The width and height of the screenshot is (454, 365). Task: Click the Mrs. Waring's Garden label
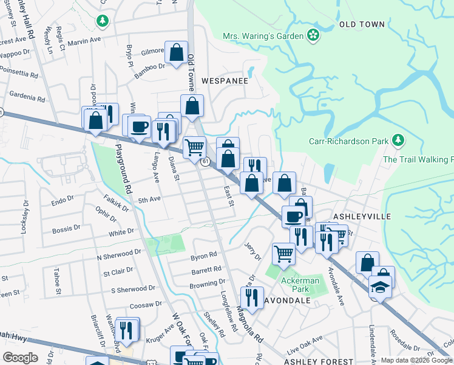[x=263, y=36]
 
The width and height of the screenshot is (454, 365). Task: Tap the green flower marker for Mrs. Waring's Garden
[x=313, y=35]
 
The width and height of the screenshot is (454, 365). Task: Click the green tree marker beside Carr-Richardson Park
[x=398, y=141]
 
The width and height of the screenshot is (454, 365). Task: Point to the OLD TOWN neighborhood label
[x=362, y=24]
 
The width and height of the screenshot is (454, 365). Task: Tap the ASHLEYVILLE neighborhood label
[x=362, y=216]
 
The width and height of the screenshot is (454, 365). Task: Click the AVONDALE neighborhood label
[x=287, y=301]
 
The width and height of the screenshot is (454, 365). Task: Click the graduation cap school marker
[x=380, y=286]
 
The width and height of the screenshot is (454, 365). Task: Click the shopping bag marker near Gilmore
[x=177, y=53]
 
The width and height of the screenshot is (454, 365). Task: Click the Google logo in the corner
[x=20, y=358]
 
